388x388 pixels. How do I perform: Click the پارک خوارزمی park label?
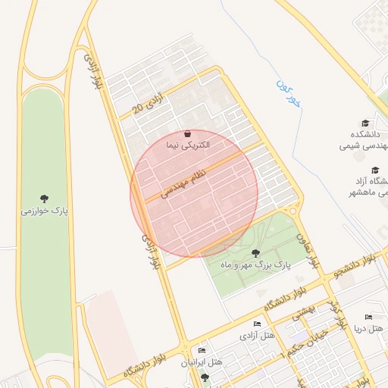[x=44, y=211]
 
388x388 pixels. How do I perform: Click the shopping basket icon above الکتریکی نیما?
[x=187, y=133]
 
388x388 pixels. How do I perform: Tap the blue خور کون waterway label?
[x=289, y=92]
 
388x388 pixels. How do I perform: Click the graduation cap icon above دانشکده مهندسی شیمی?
[x=365, y=123]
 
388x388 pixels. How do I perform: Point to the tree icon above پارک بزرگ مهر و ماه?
[x=255, y=253]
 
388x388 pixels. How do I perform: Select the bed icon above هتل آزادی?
[x=257, y=324]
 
